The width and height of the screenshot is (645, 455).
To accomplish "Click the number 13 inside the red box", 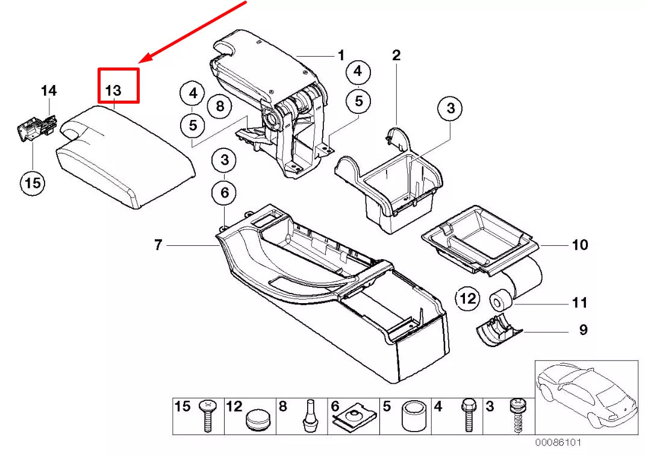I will coord(114,90).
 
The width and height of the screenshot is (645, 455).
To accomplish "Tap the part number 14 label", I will coord(49,90).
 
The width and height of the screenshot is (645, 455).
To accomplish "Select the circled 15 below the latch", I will coord(33,182).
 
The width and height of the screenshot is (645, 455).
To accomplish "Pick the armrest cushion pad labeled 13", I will coord(125,155).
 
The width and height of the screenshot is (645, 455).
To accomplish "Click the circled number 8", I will coord(220,107).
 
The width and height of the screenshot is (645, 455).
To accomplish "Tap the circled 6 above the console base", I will coord(224,193).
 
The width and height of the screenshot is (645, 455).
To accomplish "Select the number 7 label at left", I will coord(158,245).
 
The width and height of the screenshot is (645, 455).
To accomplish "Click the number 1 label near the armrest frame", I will coord(341,55).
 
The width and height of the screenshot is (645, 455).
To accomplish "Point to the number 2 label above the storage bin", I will coord(396,55).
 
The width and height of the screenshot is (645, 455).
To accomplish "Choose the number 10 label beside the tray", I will coord(579,245).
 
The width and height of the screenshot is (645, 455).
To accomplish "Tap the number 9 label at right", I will coord(583,330).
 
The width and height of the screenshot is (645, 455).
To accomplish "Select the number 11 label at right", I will coord(579,303).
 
